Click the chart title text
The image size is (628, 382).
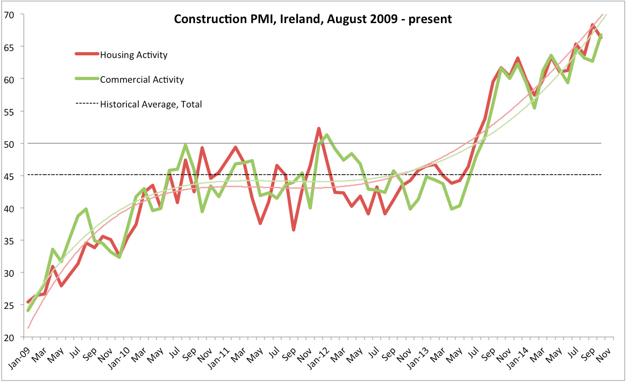coord(312,19)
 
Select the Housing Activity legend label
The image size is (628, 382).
coord(134,55)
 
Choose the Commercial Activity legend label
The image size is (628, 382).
coord(142,80)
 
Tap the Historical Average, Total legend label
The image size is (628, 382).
coord(151,104)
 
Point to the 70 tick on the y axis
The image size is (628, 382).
coord(11,15)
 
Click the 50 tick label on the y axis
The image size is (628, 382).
coord(11,143)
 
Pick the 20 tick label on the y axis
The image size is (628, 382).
coord(11,337)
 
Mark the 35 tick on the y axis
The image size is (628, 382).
coord(11,241)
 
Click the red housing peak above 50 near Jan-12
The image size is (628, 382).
coord(319,128)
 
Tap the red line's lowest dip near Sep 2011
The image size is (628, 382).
coord(294,230)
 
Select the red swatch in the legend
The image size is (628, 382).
coord(87,54)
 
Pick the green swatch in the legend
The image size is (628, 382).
coord(87,79)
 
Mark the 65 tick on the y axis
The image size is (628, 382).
coord(11,47)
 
